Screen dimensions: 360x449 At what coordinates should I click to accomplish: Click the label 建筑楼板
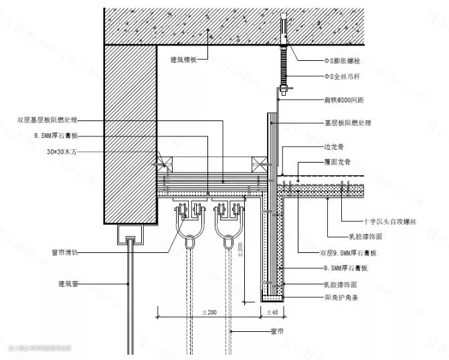(x=184, y=60)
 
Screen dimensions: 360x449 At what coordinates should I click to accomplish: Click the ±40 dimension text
(x=272, y=312)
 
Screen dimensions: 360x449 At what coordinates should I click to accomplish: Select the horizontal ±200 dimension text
(x=208, y=312)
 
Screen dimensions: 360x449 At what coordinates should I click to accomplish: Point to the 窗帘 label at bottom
(x=277, y=331)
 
